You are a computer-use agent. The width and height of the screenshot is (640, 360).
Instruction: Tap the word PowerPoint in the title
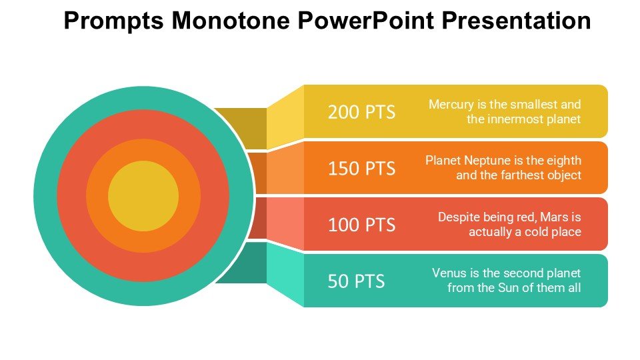click(x=366, y=21)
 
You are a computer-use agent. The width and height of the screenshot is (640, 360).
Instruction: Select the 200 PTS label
click(x=361, y=112)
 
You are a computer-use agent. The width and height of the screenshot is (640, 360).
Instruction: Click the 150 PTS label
click(x=361, y=168)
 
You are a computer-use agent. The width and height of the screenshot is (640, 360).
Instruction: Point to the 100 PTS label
click(x=361, y=225)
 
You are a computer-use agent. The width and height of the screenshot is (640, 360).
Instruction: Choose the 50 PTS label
click(x=356, y=281)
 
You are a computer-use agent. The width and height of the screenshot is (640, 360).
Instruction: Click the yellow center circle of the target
click(x=143, y=196)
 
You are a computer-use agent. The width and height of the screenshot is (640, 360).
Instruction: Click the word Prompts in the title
click(x=113, y=21)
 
